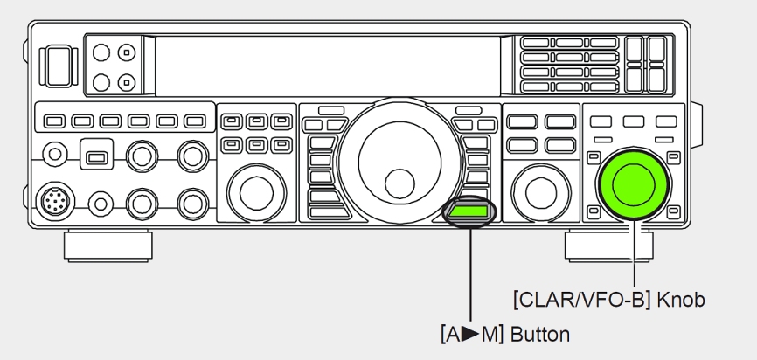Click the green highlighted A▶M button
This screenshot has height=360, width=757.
469,211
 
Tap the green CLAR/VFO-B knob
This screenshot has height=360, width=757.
634,183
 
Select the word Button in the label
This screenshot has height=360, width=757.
539,334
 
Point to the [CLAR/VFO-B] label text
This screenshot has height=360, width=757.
583,300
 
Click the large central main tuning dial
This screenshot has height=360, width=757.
399,162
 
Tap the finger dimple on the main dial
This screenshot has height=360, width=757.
399,183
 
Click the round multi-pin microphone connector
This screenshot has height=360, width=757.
56,201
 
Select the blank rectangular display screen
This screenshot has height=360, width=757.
328,66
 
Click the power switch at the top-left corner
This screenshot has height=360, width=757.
59,66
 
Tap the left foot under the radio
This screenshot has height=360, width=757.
108,246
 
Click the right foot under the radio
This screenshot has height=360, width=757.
608,246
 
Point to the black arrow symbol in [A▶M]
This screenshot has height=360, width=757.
469,334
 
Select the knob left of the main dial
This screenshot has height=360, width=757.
256,193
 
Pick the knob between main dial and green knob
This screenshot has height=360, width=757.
541,193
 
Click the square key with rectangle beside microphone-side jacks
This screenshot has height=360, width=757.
96,155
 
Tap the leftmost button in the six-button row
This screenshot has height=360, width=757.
54,121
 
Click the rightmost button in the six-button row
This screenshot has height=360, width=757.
195,121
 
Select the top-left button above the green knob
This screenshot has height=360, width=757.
601,121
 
